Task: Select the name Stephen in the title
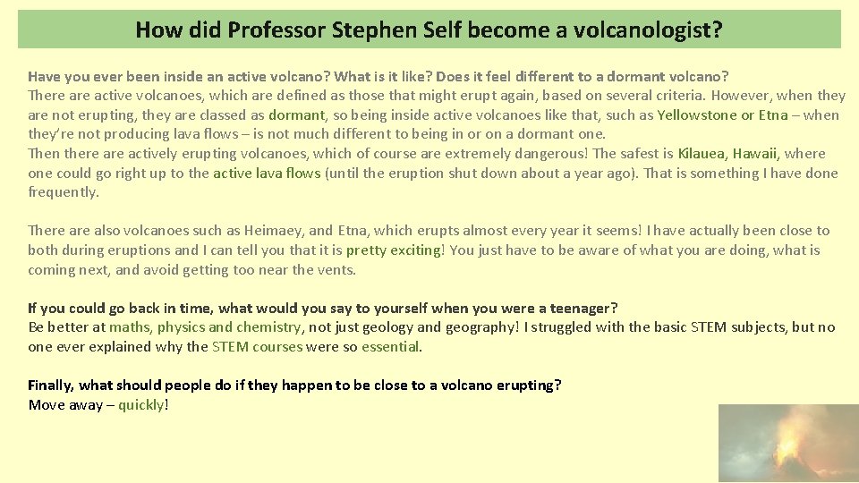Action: (x=367, y=30)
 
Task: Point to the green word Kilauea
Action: (x=702, y=153)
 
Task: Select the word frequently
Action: (x=63, y=192)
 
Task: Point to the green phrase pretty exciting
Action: (x=394, y=250)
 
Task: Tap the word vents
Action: (x=336, y=269)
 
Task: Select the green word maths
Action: (x=130, y=327)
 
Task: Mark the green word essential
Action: (x=390, y=347)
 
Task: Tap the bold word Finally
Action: (x=51, y=386)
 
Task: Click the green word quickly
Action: (x=140, y=405)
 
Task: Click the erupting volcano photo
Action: (x=788, y=444)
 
